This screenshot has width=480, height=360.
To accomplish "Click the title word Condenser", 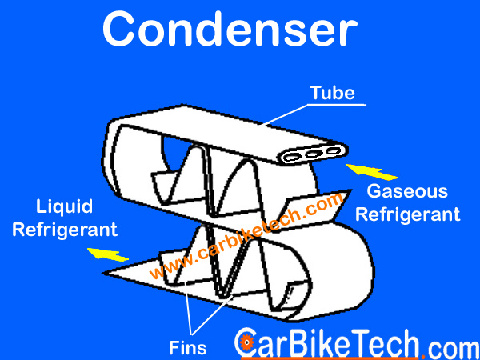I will pyautogui.click(x=228, y=30).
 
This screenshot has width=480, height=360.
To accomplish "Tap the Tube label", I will pyautogui.click(x=332, y=93).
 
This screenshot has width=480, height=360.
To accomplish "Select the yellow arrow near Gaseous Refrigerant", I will pyautogui.click(x=374, y=170).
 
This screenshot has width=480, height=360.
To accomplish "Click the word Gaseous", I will pyautogui.click(x=407, y=192).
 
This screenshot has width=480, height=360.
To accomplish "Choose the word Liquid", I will pyautogui.click(x=65, y=207).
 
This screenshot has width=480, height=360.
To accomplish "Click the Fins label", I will pyautogui.click(x=188, y=348).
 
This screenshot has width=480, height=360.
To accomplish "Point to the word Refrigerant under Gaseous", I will pyautogui.click(x=407, y=214).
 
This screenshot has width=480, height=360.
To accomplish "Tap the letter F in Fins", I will pyautogui.click(x=174, y=348).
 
